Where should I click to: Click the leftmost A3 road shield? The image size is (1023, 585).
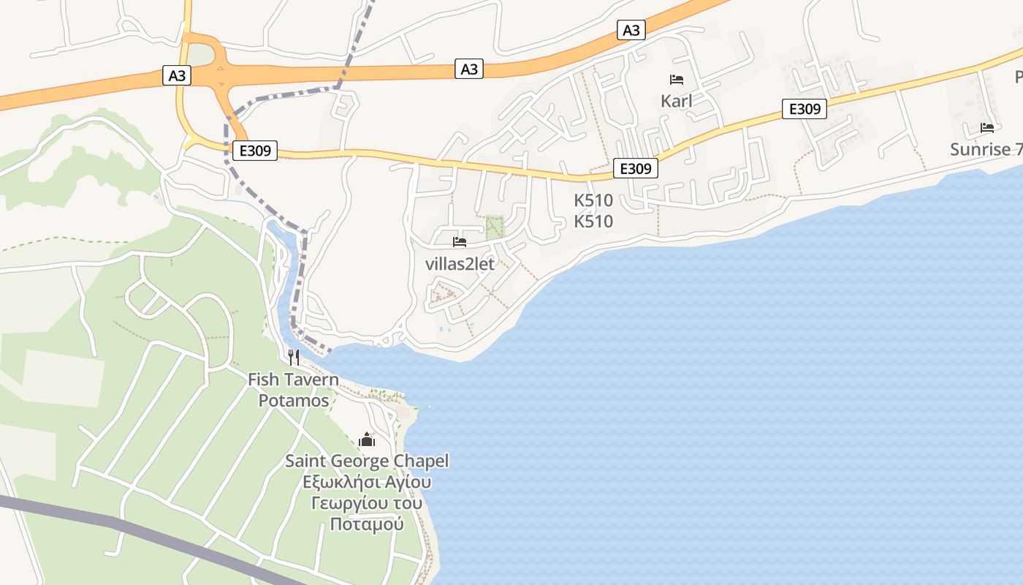(178, 75)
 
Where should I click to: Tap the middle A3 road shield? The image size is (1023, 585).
(470, 69)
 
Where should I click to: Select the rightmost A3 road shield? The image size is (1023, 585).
(631, 30)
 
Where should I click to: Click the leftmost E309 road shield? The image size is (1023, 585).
(255, 151)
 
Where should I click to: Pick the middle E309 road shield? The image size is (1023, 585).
(635, 168)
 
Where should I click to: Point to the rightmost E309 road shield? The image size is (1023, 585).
(805, 109)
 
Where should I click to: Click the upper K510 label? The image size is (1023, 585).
(593, 200)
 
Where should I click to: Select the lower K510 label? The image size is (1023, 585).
(593, 221)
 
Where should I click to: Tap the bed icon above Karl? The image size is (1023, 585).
(677, 80)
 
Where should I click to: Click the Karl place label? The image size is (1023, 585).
(677, 101)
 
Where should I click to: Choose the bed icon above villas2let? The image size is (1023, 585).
(460, 241)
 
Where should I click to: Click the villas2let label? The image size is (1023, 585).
(460, 264)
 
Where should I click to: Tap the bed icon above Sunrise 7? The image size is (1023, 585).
(987, 128)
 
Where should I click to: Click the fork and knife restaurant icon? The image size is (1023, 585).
(294, 358)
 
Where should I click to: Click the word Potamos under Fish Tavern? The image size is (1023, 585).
(294, 400)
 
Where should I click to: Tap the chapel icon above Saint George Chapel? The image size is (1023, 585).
(367, 439)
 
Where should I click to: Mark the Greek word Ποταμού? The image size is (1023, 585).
(367, 524)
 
